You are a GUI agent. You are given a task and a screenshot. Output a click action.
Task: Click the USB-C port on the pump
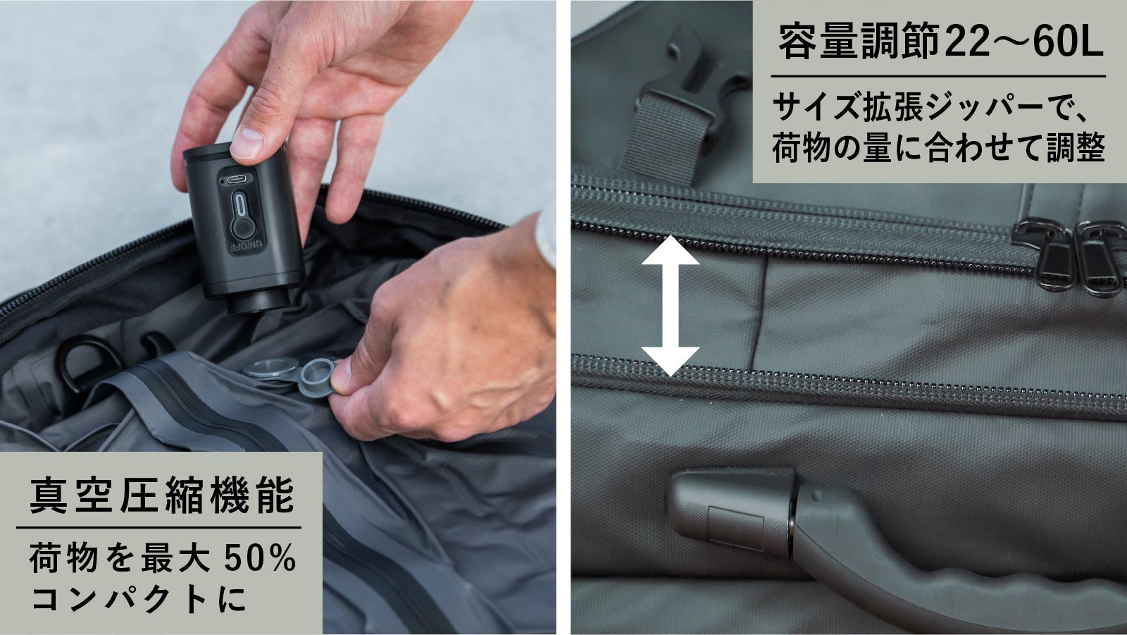pyautogui.click(x=237, y=179)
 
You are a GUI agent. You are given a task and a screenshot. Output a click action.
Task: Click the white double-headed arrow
pyautogui.click(x=670, y=306)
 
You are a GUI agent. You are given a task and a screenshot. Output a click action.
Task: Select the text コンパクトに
pyautogui.click(x=139, y=598)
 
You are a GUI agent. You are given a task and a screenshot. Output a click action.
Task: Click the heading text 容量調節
pyautogui.click(x=859, y=42)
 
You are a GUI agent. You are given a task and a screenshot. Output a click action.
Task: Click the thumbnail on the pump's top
pyautogui.click(x=247, y=142)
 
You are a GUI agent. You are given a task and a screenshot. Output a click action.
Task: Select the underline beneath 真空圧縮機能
pyautogui.click(x=159, y=528)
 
